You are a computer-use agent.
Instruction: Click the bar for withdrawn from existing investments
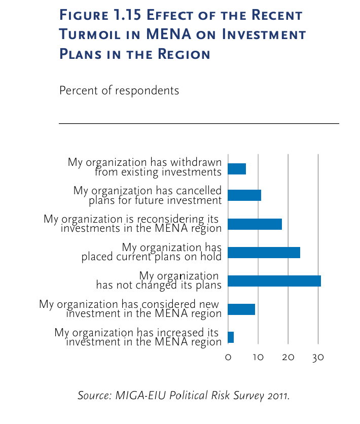coord(237,169)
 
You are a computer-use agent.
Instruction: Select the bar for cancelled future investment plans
coord(244,195)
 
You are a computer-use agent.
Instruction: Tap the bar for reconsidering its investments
coord(255,224)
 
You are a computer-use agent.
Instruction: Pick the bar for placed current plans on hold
coord(264,253)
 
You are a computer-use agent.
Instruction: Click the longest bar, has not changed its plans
coord(274,280)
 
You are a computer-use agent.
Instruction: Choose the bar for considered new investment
coord(241,309)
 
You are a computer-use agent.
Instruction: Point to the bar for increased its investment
coord(231,337)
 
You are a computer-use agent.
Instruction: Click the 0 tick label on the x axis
coord(228,358)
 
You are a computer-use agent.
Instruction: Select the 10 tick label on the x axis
coord(258,358)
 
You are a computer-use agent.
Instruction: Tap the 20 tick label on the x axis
coord(288,358)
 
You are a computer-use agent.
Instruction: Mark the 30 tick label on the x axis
coord(318,358)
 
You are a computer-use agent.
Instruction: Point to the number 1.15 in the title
coord(126,15)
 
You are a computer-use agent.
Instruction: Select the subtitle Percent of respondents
coord(119,91)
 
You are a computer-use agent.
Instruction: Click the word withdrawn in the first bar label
coord(196,162)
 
